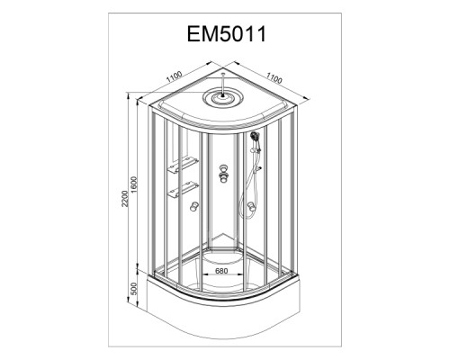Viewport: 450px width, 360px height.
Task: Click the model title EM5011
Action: point(227,34)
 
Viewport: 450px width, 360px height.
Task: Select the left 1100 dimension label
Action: point(175,76)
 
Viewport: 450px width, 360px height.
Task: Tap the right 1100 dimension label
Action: point(274,78)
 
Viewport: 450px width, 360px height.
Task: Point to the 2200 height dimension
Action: point(125,198)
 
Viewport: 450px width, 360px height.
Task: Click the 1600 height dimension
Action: point(134,184)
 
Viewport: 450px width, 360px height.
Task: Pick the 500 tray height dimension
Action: point(134,288)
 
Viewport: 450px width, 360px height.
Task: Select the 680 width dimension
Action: point(221,271)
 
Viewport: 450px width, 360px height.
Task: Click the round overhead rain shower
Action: point(222,97)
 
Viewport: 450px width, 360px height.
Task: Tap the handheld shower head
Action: point(256,137)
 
